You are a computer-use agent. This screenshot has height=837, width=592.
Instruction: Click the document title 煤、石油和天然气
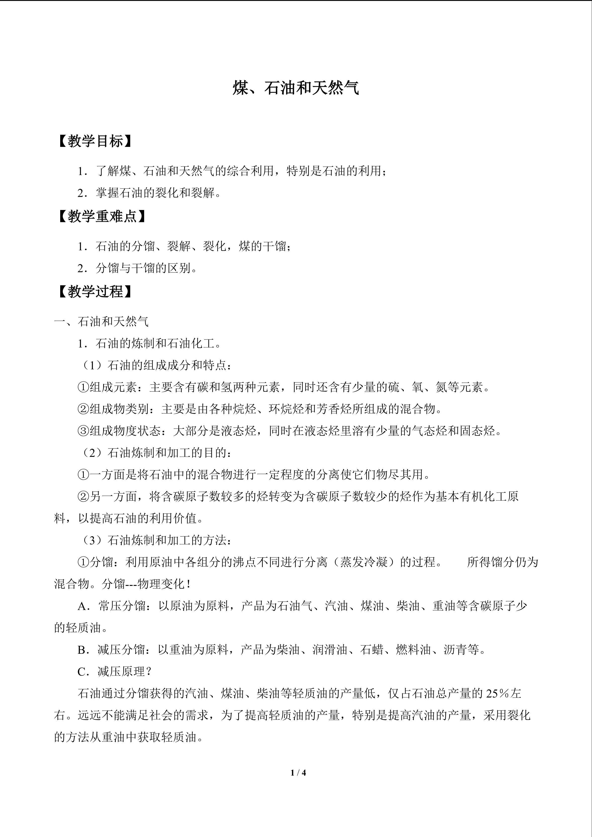click(296, 88)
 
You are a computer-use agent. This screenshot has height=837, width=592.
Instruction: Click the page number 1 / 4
click(298, 772)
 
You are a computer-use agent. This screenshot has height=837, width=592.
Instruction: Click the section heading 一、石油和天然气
click(101, 321)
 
